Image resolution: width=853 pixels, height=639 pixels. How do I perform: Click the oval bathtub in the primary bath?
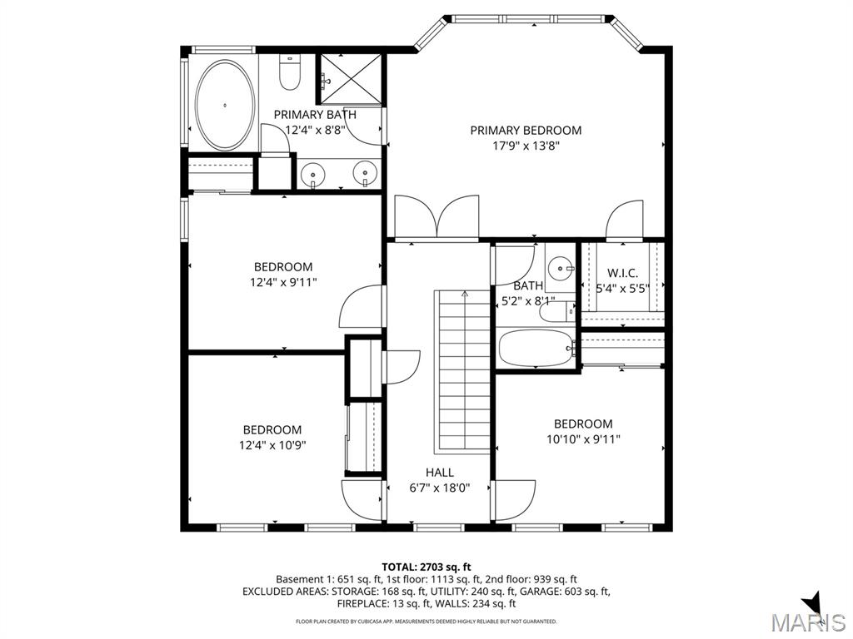coord(225,106)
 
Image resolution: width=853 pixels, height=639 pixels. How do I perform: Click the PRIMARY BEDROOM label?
coord(526,130)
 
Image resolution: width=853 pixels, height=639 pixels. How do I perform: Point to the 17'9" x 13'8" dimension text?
coord(526,145)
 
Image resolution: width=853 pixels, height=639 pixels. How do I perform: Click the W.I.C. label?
coord(622,273)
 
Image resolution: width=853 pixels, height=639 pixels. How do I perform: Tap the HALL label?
coord(439,473)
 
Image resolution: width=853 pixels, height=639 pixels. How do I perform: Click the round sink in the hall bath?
coord(560,268)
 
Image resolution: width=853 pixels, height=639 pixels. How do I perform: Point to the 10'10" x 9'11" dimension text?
coord(583,438)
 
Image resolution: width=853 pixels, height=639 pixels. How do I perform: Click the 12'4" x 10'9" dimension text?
coord(272,444)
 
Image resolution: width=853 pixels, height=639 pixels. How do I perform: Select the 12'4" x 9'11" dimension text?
coord(283,282)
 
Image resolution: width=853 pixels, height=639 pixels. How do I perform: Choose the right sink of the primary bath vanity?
coord(364,174)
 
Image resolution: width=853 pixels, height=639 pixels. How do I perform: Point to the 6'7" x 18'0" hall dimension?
coord(439,488)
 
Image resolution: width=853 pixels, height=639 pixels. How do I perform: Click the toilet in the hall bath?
coord(556,311)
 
